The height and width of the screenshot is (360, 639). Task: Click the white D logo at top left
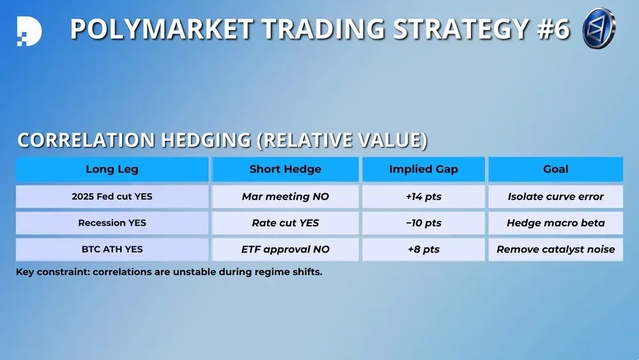29,31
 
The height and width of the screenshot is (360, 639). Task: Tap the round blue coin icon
599,28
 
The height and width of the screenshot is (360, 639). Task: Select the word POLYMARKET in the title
162,29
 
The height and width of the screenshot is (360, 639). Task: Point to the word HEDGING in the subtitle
206,140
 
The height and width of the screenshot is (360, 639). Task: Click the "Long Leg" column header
112,169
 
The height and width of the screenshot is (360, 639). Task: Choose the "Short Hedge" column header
285,169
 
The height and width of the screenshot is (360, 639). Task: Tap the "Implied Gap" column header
424,169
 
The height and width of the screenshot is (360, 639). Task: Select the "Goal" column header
555,169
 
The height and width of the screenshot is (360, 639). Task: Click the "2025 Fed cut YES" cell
112,196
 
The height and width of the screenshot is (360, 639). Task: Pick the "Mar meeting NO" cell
285,196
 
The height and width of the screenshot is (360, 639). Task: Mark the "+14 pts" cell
424,196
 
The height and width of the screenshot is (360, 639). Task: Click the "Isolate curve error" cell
555,196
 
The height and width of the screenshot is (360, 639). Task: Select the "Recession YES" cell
112,223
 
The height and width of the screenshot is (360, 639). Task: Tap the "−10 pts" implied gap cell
424,223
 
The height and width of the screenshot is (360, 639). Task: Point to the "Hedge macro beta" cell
555,223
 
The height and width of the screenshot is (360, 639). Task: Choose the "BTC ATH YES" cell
112,249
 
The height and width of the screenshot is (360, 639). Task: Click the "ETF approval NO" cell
285,249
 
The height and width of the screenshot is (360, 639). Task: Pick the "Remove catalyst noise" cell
555,249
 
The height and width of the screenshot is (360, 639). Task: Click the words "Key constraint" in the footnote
53,272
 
